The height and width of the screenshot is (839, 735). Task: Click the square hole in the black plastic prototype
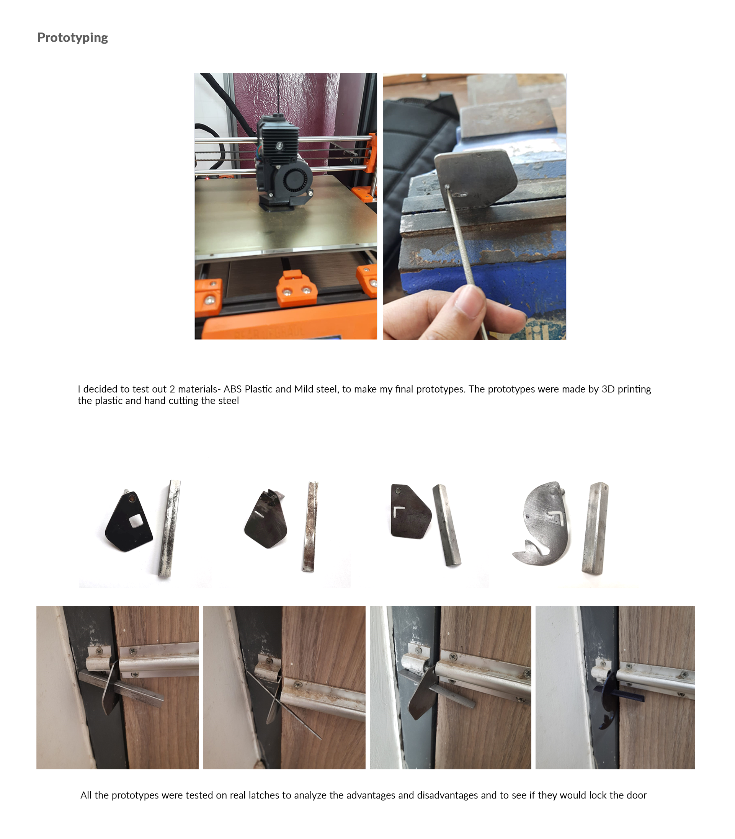[x=136, y=521]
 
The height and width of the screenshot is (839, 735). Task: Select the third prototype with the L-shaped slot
[x=410, y=513]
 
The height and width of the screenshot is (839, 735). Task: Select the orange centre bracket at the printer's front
[x=297, y=289]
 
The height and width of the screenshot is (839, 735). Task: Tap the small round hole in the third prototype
[x=397, y=490]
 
